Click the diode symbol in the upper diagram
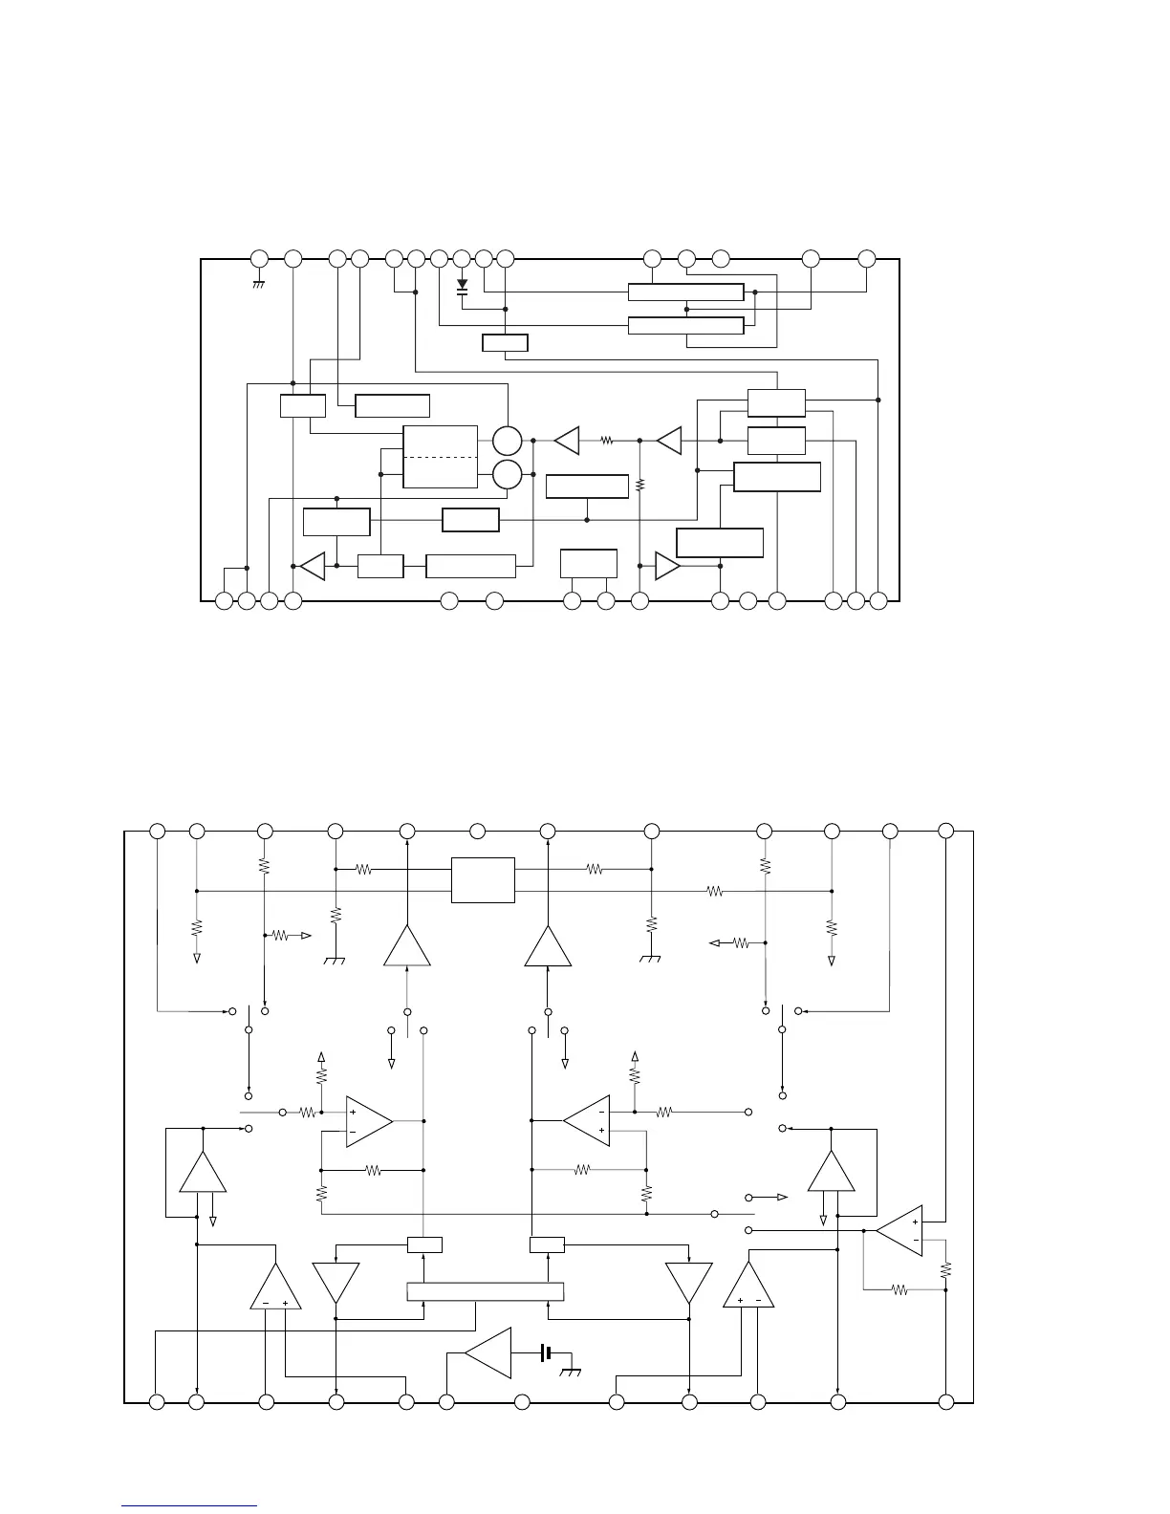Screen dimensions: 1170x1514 pyautogui.click(x=463, y=285)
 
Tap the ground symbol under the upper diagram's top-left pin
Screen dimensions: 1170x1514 pyautogui.click(x=258, y=284)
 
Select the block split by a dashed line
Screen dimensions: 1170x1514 pyautogui.click(x=440, y=457)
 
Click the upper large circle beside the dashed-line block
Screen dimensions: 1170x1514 pyautogui.click(x=508, y=442)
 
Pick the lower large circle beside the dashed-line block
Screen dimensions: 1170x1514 pyautogui.click(x=508, y=473)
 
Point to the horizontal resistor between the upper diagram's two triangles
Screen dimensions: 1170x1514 pyautogui.click(x=606, y=441)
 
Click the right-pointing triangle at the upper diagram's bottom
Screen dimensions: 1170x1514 pyautogui.click(x=667, y=566)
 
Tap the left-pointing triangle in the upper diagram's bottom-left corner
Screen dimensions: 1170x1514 pyautogui.click(x=313, y=566)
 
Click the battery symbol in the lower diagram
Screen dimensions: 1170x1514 pyautogui.click(x=545, y=1352)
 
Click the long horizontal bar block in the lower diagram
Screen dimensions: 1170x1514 pyautogui.click(x=486, y=1292)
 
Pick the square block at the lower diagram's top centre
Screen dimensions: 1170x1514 pyautogui.click(x=483, y=879)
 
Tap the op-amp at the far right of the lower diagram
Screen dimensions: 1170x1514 pyautogui.click(x=899, y=1231)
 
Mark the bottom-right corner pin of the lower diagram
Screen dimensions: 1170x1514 pyautogui.click(x=945, y=1402)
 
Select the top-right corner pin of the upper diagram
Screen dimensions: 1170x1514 pyautogui.click(x=867, y=258)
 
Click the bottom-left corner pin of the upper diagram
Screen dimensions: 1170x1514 pyautogui.click(x=224, y=601)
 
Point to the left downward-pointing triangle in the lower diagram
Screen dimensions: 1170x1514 pyautogui.click(x=336, y=1283)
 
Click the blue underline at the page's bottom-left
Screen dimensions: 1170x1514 pyautogui.click(x=189, y=1506)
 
